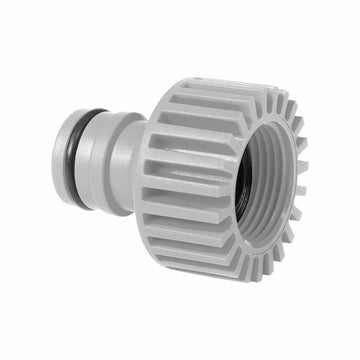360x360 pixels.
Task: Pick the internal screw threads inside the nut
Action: click(262, 190)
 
